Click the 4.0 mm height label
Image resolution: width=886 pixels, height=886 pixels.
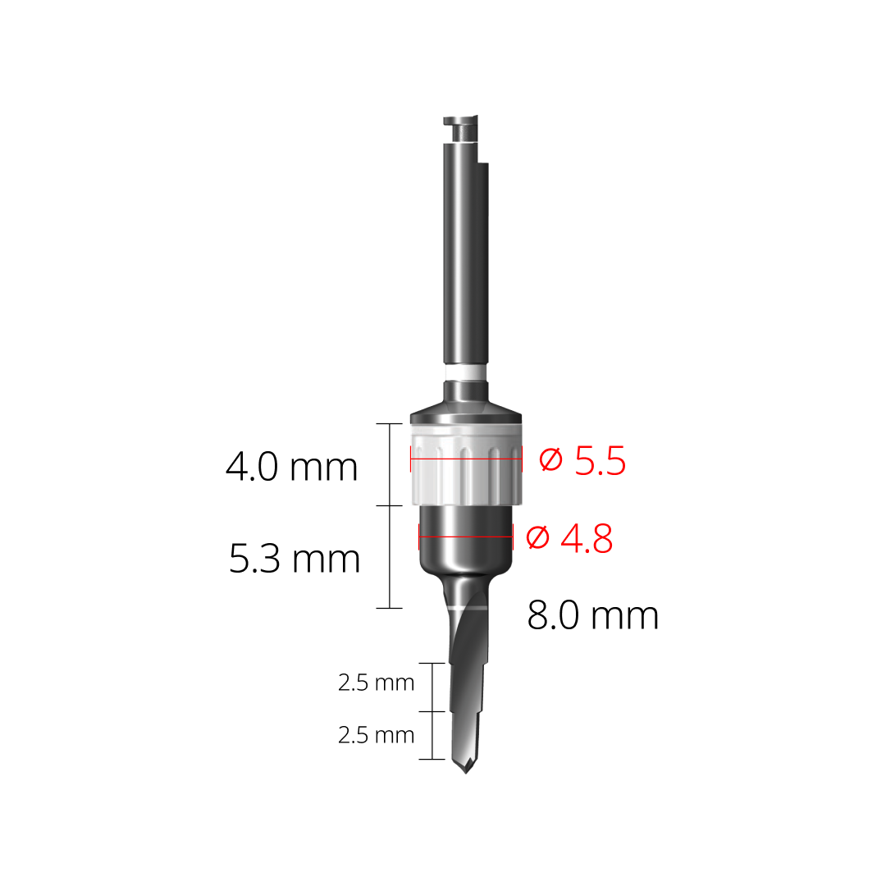pyautogui.click(x=292, y=468)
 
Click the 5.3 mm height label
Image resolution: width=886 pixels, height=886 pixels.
pyautogui.click(x=295, y=559)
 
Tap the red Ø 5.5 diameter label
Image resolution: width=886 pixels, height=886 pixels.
pyautogui.click(x=583, y=461)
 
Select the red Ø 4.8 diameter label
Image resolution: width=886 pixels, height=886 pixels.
pyautogui.click(x=570, y=538)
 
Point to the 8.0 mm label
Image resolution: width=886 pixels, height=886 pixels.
pyautogui.click(x=592, y=615)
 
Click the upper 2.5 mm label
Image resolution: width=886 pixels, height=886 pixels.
pyautogui.click(x=376, y=683)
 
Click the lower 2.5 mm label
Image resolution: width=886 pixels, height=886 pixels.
pyautogui.click(x=376, y=735)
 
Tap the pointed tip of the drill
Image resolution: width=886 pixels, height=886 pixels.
pyautogui.click(x=466, y=770)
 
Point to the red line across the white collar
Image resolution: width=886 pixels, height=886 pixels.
pyautogui.click(x=465, y=458)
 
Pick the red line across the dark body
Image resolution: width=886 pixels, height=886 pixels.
pyautogui.click(x=465, y=537)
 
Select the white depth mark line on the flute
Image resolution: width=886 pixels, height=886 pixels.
pyautogui.click(x=468, y=607)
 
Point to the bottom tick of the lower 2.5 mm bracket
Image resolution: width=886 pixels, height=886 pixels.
pyautogui.click(x=432, y=759)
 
